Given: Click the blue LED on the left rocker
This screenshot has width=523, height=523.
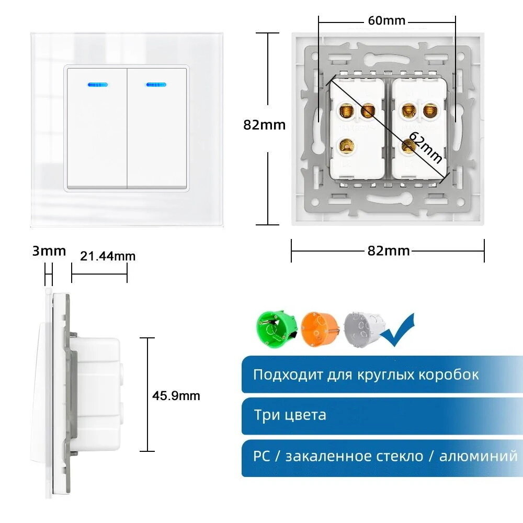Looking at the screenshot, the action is (x=96, y=84).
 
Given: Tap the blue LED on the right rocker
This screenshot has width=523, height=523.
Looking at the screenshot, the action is (x=156, y=84).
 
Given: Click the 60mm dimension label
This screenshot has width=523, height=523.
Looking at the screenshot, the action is (x=387, y=21).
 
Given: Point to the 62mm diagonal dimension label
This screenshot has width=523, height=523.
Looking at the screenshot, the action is (x=425, y=148).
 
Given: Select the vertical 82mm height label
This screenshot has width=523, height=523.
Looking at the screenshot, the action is (x=265, y=125).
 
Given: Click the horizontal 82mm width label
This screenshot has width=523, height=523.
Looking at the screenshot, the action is (x=388, y=251).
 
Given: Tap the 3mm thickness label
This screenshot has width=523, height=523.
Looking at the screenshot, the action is (x=49, y=251).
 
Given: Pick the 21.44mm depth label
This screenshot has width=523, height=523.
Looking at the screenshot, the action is (x=108, y=256).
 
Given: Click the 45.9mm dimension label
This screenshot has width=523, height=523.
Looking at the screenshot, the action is (x=176, y=396).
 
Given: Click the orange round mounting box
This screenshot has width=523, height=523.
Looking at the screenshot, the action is (x=319, y=328).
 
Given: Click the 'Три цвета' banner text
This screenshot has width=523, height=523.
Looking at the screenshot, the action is (x=290, y=415).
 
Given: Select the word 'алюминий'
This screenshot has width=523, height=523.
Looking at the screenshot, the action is (x=478, y=456).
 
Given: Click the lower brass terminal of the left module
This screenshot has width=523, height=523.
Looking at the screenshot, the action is (x=346, y=144).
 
